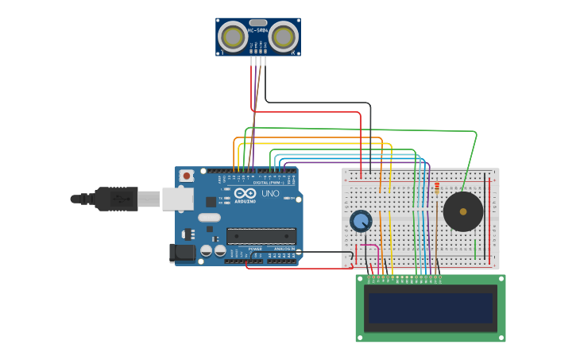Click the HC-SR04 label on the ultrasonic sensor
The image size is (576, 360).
click(x=257, y=31)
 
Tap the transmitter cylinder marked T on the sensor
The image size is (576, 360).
click(x=233, y=37)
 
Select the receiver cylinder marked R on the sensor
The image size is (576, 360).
click(x=284, y=37)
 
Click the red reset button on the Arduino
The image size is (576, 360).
click(x=186, y=176)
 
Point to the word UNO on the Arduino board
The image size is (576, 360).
click(x=270, y=193)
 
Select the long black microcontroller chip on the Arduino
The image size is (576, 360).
click(x=261, y=236)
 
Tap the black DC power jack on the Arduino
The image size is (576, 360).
click(x=182, y=254)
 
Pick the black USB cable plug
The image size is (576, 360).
click(x=116, y=198)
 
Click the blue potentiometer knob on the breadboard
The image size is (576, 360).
click(x=361, y=221)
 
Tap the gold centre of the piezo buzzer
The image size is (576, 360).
click(x=463, y=211)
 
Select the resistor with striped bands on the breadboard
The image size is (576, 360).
click(x=436, y=188)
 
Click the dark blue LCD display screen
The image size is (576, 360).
click(x=429, y=308)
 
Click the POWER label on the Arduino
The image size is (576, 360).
click(x=255, y=249)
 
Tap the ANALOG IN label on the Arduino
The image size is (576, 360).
click(x=284, y=249)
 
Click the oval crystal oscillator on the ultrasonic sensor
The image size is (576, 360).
click(x=258, y=22)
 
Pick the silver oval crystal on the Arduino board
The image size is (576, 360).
click(x=209, y=218)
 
